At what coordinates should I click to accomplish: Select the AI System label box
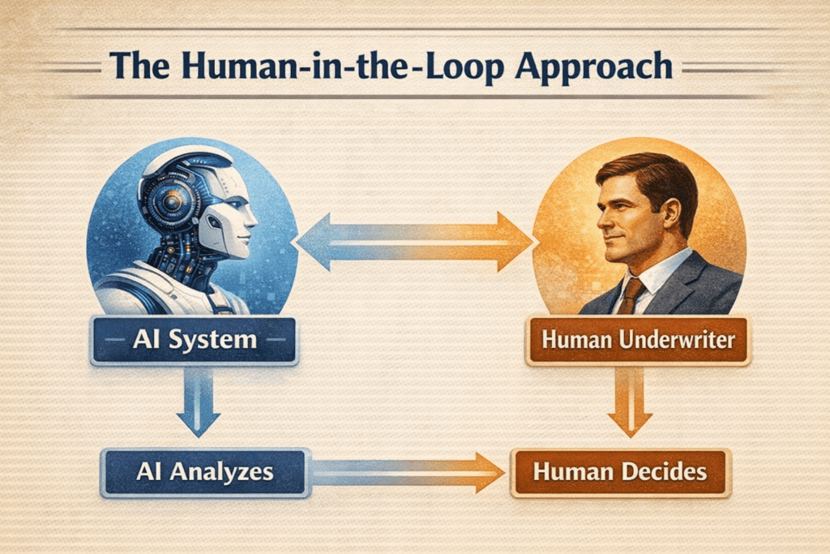click(195, 340)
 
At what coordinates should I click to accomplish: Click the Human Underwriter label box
click(638, 340)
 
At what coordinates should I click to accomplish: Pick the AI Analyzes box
click(204, 471)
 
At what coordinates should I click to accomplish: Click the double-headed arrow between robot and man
click(414, 242)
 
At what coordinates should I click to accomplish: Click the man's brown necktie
click(628, 296)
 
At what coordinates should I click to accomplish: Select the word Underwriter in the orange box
click(674, 340)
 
